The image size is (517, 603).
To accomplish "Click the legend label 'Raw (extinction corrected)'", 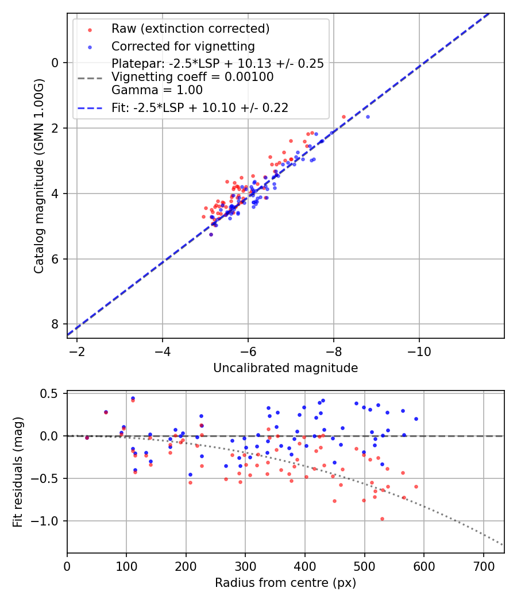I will pyautogui.click(x=191, y=29).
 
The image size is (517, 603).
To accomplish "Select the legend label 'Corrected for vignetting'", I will pyautogui.click(x=183, y=46).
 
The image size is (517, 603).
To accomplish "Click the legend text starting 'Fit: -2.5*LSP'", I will pyautogui.click(x=200, y=107).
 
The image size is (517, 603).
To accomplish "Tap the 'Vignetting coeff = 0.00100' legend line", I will pyautogui.click(x=192, y=77).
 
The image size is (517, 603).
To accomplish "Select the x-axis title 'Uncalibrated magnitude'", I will pyautogui.click(x=285, y=368).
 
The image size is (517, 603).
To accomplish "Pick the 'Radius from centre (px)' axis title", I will pyautogui.click(x=285, y=583).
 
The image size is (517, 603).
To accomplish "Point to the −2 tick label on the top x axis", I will pyautogui.click(x=76, y=352).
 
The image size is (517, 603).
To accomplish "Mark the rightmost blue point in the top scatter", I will pyautogui.click(x=368, y=117).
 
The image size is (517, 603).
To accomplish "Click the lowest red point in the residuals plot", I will pyautogui.click(x=382, y=519).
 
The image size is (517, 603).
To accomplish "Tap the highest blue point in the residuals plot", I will pyautogui.click(x=133, y=398).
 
